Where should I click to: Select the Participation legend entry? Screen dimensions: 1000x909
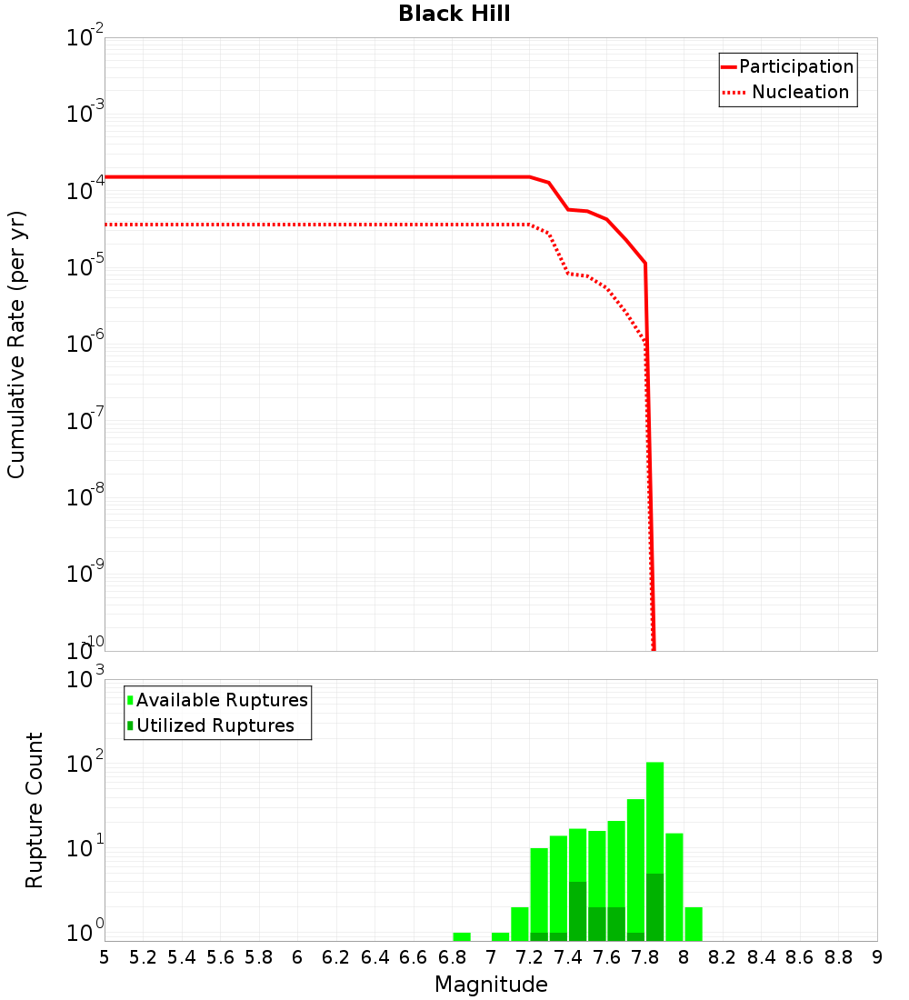point(795,66)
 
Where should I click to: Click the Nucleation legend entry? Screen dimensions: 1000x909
point(799,92)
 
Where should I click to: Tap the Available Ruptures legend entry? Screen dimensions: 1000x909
point(221,700)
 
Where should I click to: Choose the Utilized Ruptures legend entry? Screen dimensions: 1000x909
point(215,725)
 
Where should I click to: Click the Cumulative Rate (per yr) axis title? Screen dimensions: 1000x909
point(16,345)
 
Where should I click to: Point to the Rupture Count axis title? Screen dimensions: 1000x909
point(35,810)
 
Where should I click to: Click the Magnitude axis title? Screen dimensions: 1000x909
point(491,985)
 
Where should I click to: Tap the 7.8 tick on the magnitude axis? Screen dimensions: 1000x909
point(645,957)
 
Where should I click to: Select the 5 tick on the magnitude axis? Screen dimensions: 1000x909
point(105,957)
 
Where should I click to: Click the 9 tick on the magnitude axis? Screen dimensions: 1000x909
point(877,957)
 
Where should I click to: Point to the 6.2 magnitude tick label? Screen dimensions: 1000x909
point(336,957)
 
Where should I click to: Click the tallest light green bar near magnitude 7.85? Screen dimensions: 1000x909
point(654,818)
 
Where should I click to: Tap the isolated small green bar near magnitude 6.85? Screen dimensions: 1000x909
point(462,936)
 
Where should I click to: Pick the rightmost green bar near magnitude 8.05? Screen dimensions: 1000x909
point(694,924)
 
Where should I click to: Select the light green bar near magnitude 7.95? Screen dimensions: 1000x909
point(674,886)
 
